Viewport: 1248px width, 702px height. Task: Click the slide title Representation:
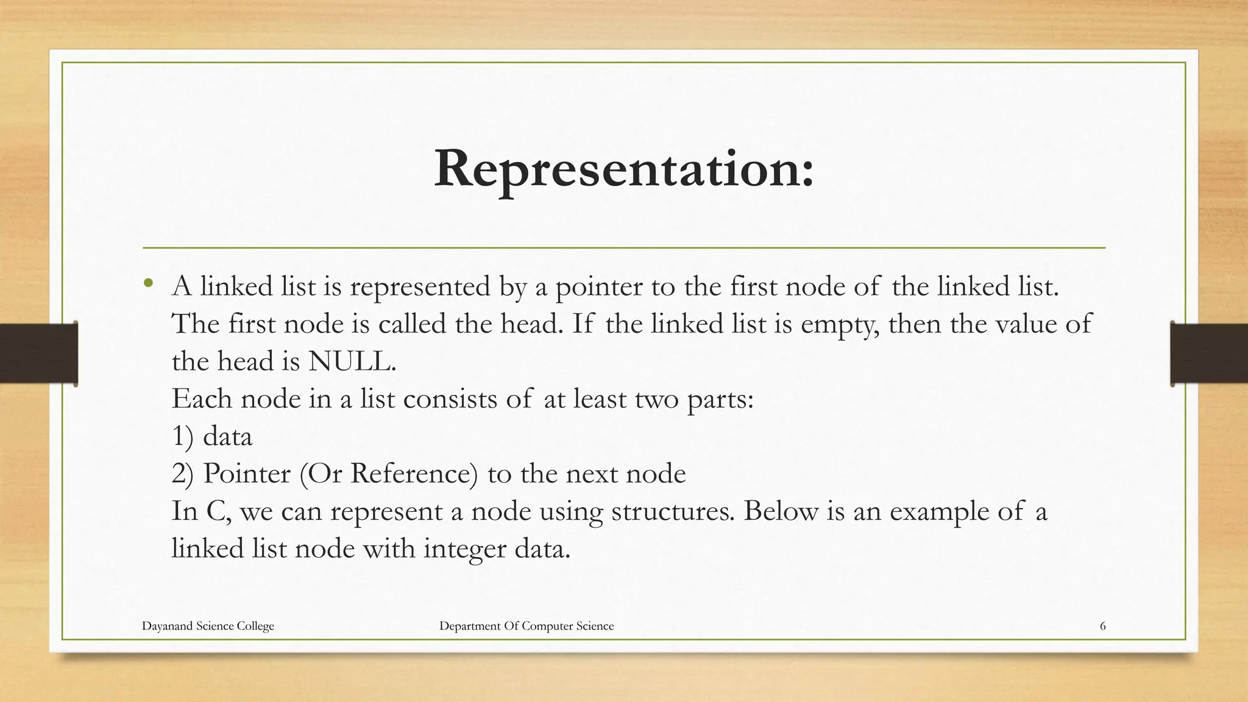coord(623,169)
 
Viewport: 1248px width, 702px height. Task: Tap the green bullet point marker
coord(148,283)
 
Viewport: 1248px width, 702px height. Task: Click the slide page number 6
coord(1102,626)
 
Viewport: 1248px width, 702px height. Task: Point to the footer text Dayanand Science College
coord(208,626)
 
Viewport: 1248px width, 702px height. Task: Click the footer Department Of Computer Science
coord(526,626)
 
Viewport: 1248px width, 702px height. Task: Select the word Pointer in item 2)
coord(247,473)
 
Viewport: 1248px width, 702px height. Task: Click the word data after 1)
coord(227,436)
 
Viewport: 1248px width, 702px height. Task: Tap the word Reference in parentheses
coord(413,473)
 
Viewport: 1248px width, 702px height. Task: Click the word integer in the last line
coord(464,548)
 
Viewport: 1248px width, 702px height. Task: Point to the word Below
coord(781,511)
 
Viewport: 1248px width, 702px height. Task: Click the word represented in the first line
coord(420,286)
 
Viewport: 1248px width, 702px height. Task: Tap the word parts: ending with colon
coord(720,400)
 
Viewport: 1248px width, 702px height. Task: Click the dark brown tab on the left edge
coord(38,353)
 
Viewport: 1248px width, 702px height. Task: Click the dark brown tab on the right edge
coord(1209,353)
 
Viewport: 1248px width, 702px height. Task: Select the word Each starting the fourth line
coord(202,399)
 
